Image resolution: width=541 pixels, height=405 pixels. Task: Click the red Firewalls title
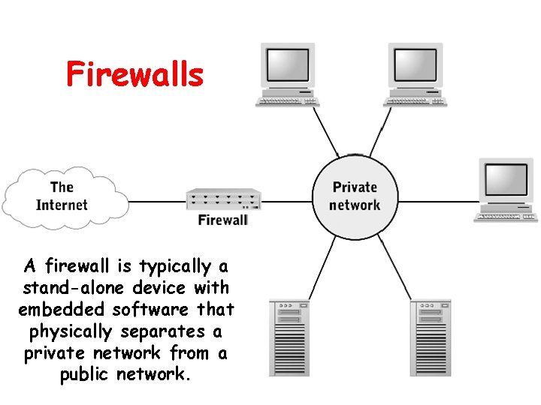pyautogui.click(x=134, y=75)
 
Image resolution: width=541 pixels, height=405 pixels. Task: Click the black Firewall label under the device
pyautogui.click(x=222, y=220)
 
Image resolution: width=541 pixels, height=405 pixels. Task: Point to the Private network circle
pyautogui.click(x=355, y=196)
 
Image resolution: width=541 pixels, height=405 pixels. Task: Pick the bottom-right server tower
pyautogui.click(x=431, y=337)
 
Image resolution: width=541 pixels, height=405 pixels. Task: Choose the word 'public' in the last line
pyautogui.click(x=85, y=374)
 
